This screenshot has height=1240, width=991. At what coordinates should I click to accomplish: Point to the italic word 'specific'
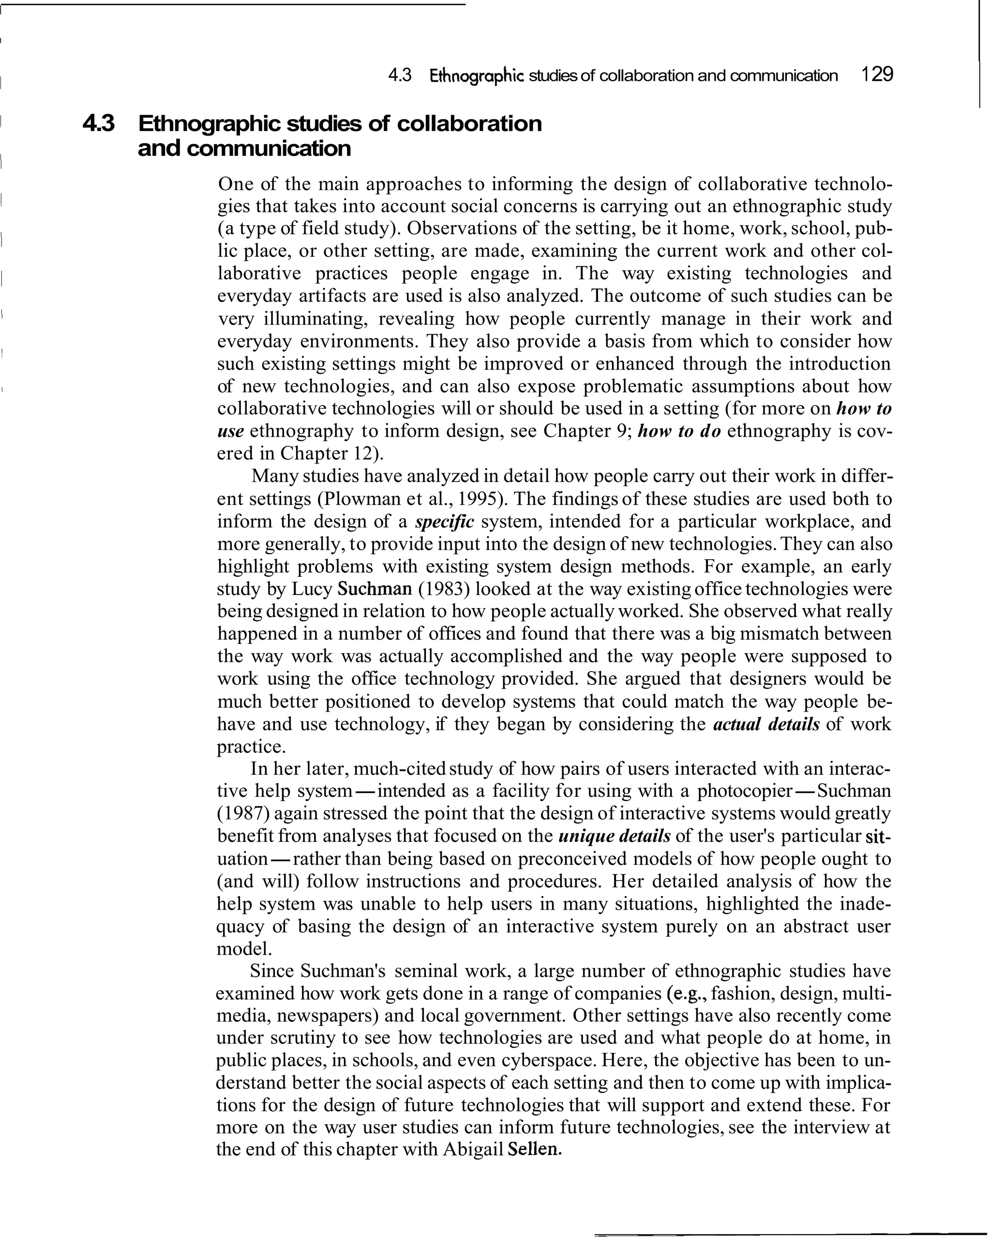444,522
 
